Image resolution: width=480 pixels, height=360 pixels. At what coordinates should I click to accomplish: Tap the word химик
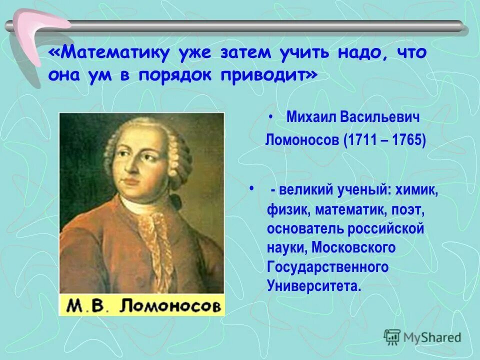click(416, 190)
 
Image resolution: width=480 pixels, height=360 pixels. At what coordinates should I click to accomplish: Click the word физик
click(289, 210)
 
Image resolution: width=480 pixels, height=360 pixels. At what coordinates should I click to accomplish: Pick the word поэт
click(403, 210)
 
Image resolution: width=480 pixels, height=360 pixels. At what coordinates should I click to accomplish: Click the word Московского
click(353, 247)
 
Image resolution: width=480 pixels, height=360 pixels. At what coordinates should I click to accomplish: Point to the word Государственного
click(328, 267)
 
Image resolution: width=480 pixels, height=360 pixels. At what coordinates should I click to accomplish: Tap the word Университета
click(312, 286)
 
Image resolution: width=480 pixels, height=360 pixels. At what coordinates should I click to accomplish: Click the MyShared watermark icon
click(392, 337)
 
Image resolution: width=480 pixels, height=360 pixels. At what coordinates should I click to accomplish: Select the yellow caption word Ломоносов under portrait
click(170, 305)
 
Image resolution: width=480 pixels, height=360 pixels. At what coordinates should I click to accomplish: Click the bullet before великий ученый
click(251, 188)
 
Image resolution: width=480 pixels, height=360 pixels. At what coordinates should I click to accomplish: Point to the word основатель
click(305, 229)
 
